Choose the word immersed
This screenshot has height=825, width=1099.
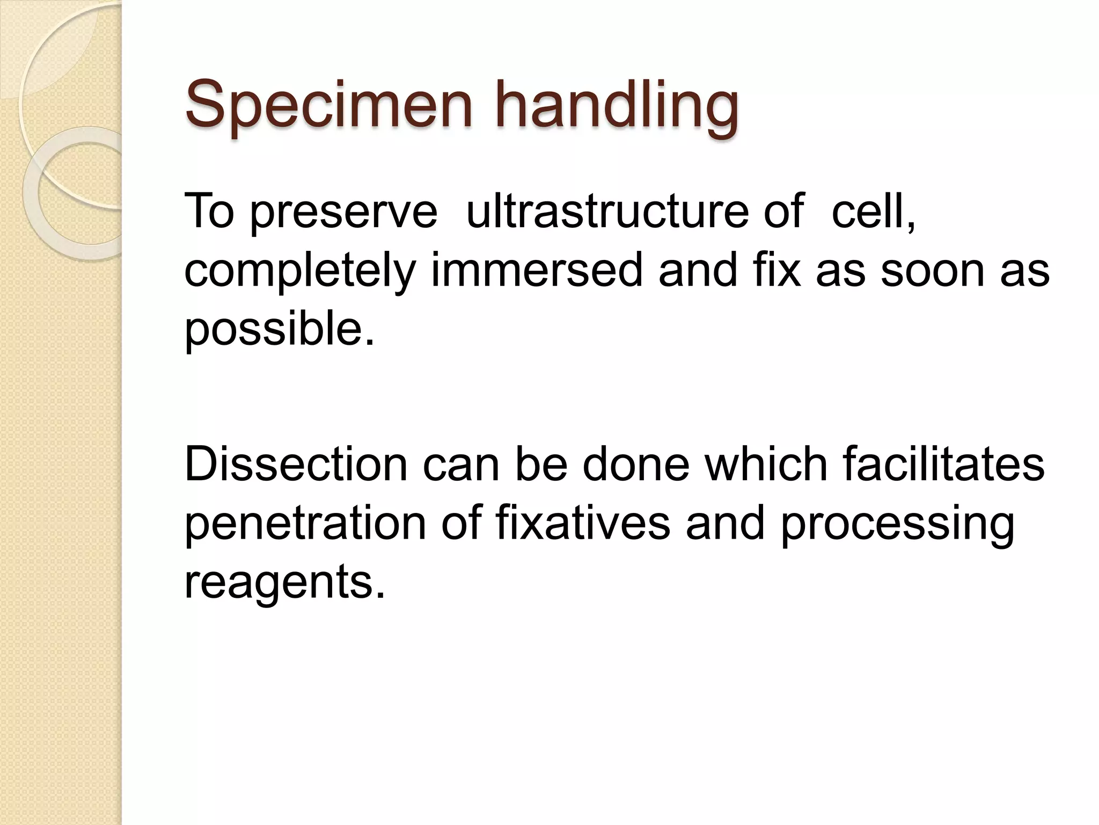click(x=537, y=270)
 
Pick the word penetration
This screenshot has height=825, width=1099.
click(x=305, y=524)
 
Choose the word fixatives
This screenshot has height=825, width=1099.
click(x=582, y=524)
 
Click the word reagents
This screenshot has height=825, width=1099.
click(x=285, y=583)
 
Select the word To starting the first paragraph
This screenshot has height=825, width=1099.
click(x=209, y=211)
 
